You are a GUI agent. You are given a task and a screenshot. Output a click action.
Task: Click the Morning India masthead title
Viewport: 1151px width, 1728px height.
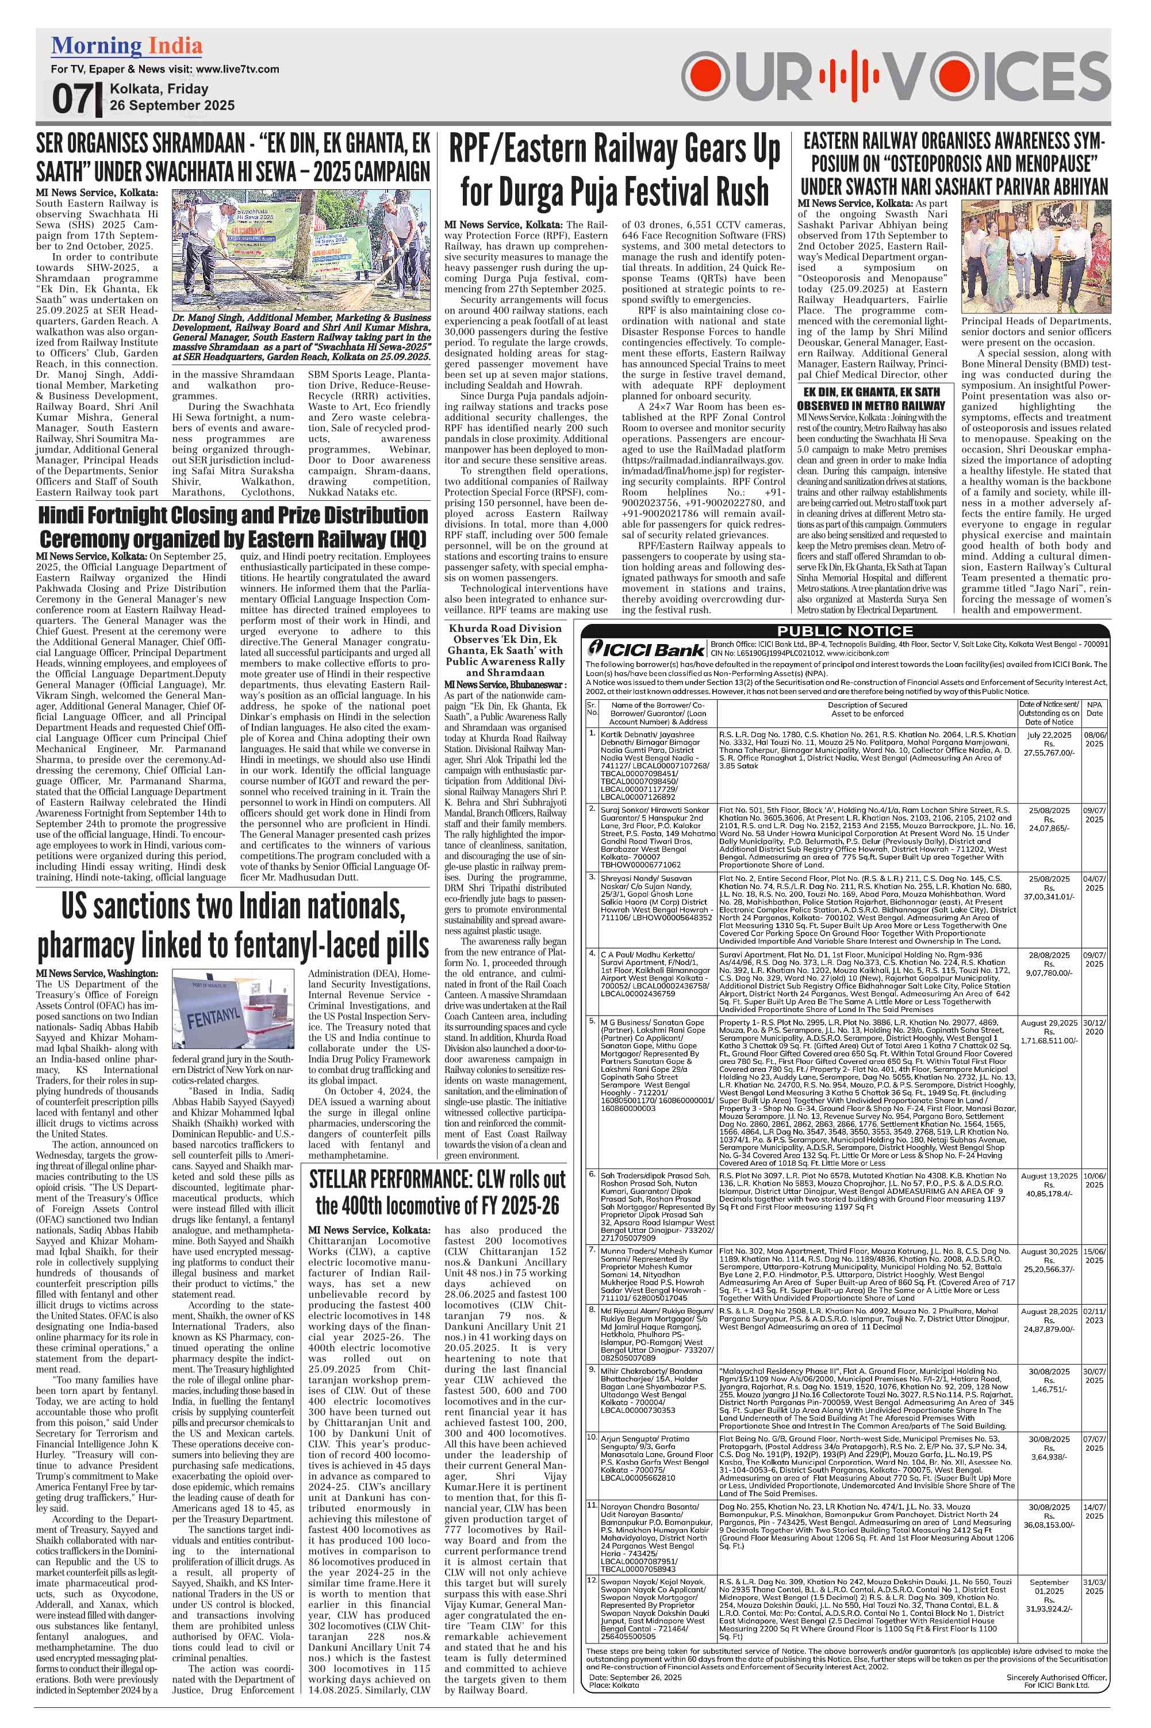coord(126,46)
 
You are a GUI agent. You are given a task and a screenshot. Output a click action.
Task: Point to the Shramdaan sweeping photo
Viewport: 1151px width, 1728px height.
coord(301,250)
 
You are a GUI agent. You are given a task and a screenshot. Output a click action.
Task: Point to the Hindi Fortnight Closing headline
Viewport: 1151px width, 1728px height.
coord(233,526)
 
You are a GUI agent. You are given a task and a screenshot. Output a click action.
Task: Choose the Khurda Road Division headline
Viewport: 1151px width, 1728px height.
coord(506,650)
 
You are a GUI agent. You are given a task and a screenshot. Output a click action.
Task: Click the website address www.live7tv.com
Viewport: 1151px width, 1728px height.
coord(238,69)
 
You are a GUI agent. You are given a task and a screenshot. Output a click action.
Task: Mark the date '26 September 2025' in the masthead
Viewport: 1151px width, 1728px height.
coord(172,105)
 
